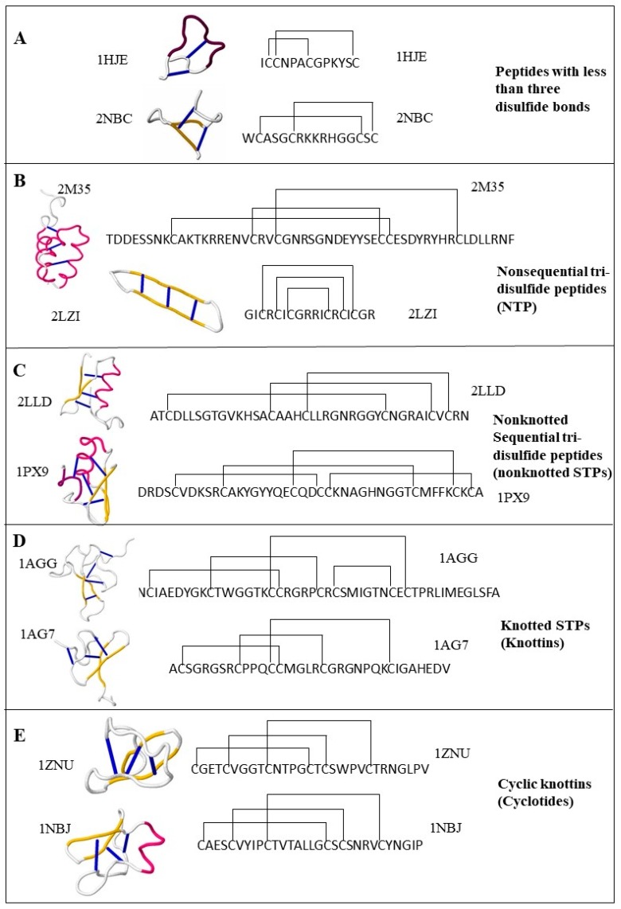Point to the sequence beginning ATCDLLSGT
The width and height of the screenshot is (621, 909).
[310, 415]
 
